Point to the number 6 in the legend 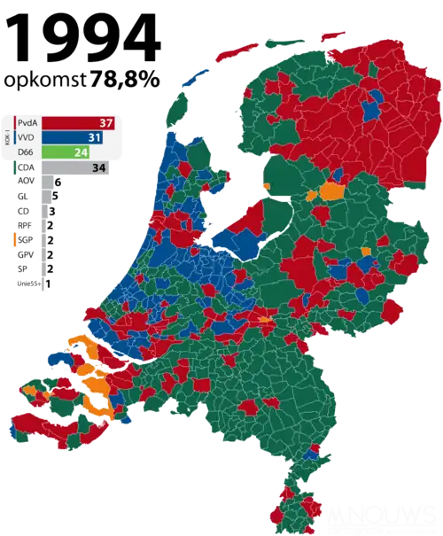click(x=58, y=182)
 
